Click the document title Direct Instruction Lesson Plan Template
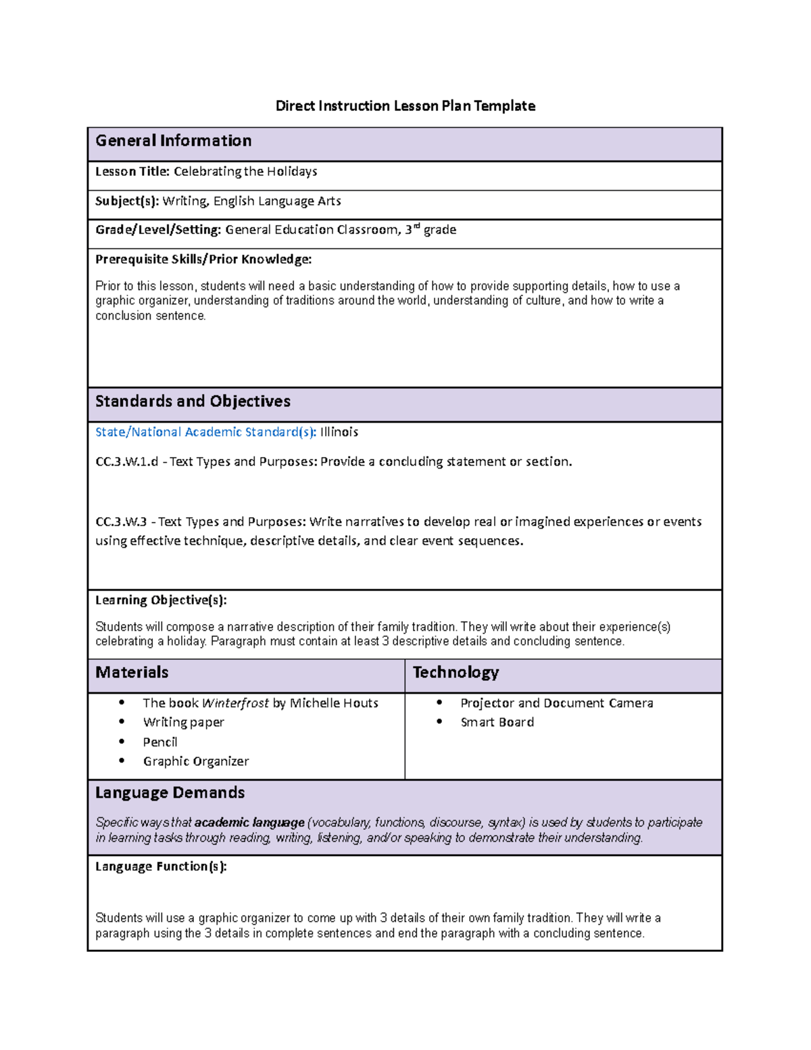point(405,105)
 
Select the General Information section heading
point(173,141)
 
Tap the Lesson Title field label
point(132,172)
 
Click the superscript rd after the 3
point(416,226)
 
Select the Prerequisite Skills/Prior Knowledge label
point(203,259)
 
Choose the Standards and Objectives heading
point(193,402)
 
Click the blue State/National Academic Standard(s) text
point(205,432)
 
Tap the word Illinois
point(339,432)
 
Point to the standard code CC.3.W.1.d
point(126,462)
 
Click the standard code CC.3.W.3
point(121,522)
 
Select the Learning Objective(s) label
point(161,600)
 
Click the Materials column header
point(132,673)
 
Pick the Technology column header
point(456,673)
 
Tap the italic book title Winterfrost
point(235,703)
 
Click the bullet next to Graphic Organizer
point(122,761)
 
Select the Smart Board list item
point(497,722)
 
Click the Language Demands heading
point(170,792)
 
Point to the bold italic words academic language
point(249,823)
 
